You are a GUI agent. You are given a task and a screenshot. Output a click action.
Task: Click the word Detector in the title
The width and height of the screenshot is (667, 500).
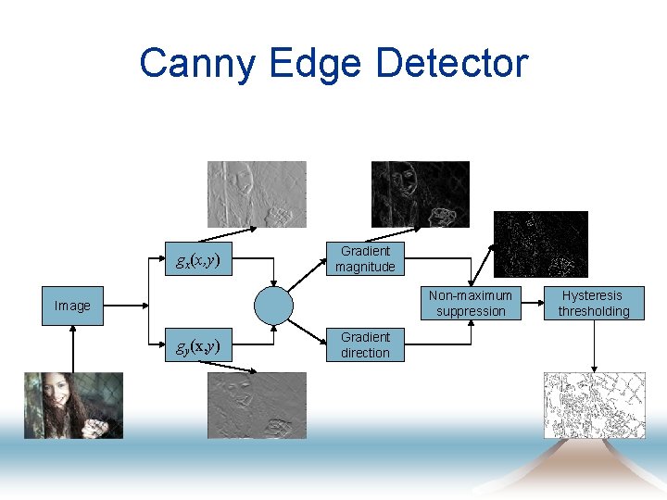(x=452, y=64)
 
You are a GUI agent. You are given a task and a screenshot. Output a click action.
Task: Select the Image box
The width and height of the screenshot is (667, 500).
(x=72, y=306)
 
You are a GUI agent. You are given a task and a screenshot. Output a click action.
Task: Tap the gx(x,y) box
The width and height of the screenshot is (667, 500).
(x=197, y=259)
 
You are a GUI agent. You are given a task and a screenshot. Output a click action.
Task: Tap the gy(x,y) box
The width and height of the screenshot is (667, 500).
(x=197, y=346)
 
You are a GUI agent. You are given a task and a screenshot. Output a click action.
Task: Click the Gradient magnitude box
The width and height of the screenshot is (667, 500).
(x=365, y=259)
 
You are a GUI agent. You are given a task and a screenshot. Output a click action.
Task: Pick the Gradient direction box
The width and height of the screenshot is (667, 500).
(x=365, y=345)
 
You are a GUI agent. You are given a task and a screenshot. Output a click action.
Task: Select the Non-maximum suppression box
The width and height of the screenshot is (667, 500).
(x=471, y=304)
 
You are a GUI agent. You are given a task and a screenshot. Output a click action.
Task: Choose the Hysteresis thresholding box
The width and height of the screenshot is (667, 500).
(x=594, y=304)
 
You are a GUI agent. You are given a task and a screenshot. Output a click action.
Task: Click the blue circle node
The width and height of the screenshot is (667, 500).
(x=273, y=305)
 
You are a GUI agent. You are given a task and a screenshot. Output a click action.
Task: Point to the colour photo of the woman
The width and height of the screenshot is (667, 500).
(x=73, y=405)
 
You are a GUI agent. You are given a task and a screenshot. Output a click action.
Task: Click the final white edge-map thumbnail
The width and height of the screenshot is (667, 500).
(x=593, y=405)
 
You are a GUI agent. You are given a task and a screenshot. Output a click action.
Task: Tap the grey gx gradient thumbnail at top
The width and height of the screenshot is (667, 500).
(x=257, y=194)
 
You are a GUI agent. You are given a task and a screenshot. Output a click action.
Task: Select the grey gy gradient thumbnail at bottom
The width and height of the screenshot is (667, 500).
(x=257, y=405)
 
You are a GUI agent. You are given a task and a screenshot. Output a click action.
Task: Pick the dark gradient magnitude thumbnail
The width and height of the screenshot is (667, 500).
(x=420, y=194)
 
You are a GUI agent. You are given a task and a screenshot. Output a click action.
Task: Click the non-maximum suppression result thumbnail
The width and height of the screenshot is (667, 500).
(x=540, y=244)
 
